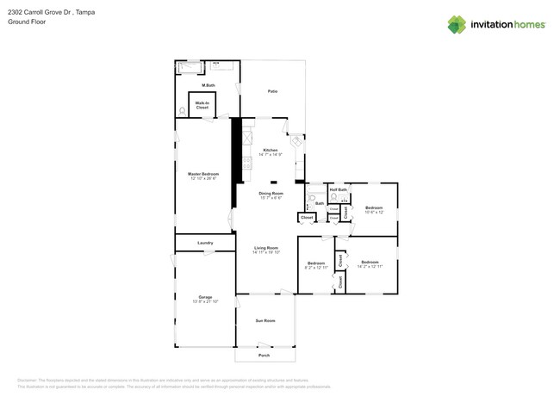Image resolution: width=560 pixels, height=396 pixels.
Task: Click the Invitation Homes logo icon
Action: pos(457,24)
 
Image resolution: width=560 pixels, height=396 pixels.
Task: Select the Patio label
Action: pos(272,90)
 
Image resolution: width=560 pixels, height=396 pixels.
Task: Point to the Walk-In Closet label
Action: pos(202,106)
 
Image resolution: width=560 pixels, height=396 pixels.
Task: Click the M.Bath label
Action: pos(208,85)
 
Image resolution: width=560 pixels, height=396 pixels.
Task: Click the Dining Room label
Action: pos(271,193)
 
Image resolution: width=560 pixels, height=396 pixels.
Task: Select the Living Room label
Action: pos(265,248)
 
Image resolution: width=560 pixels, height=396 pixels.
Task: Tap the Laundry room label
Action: pos(205,243)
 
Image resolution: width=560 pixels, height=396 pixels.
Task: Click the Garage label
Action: pos(205,297)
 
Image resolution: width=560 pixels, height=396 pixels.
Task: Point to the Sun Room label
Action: pos(265,320)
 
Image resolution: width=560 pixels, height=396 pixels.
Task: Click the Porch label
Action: pos(264,355)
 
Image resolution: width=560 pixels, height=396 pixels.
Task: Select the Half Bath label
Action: pos(338,189)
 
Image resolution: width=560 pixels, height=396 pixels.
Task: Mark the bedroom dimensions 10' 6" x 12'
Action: pos(373,212)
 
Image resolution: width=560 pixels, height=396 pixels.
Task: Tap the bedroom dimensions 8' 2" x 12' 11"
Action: pos(316,268)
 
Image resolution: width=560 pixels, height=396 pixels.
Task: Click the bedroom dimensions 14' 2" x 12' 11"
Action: pos(370,266)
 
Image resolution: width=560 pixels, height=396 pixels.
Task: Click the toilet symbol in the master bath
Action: pos(182,109)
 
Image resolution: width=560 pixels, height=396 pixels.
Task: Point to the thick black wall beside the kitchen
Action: pos(233,151)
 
